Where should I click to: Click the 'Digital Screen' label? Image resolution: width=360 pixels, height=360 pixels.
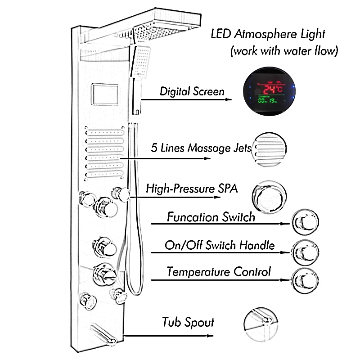(x=192, y=91)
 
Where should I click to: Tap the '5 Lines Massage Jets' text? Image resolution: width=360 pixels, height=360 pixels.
(x=201, y=148)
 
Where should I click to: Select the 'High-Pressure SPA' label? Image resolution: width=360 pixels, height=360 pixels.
(x=192, y=188)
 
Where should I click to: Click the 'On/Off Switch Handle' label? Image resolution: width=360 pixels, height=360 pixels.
(x=220, y=245)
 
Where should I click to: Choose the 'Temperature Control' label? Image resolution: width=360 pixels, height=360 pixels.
(x=219, y=272)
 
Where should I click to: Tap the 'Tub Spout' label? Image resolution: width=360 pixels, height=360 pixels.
(x=188, y=322)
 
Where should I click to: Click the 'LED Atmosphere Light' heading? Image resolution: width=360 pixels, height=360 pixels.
(x=268, y=34)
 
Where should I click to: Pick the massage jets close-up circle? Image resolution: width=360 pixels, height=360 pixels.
(x=270, y=148)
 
